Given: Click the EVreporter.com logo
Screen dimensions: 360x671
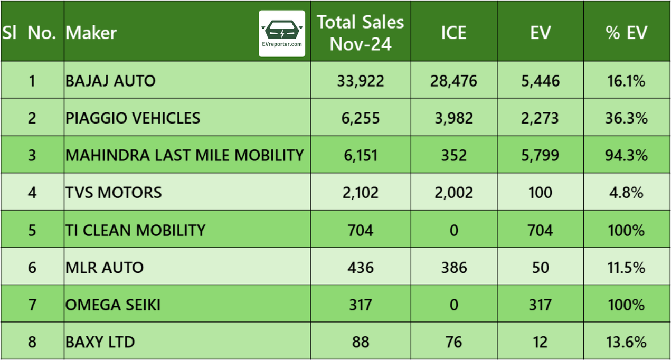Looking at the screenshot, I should [281, 33].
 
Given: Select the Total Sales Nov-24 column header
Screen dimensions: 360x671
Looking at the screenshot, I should [361, 33].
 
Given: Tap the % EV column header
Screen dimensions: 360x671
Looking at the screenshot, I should [626, 33].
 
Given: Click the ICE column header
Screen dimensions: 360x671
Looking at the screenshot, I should [453, 33].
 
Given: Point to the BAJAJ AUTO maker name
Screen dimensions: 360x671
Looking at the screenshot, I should [110, 81].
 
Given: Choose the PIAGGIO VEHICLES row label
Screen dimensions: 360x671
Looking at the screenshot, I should [133, 118].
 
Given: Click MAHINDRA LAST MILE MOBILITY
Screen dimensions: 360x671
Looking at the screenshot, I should [185, 155].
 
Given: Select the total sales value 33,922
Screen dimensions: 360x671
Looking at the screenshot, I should [361, 81].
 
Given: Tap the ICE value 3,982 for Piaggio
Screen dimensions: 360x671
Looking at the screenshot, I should [453, 118].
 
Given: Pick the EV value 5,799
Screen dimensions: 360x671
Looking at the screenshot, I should [540, 155].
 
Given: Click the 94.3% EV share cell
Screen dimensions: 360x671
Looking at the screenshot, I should [626, 155].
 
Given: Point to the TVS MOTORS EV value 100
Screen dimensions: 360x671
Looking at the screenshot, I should [540, 192].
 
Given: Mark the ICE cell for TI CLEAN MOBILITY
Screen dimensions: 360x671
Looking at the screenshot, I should [453, 230].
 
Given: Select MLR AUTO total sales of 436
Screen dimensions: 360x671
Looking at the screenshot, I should [361, 267].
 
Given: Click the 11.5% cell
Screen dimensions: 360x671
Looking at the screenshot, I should [626, 267].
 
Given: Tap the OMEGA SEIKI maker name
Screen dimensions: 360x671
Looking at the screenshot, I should [113, 305].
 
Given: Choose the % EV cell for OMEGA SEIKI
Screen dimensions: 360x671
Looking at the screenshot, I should [626, 305].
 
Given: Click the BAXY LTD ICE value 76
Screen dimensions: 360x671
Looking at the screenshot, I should [453, 342].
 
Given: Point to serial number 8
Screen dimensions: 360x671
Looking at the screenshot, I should [32, 342].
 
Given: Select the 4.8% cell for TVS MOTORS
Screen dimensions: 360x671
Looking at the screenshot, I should [626, 192].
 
